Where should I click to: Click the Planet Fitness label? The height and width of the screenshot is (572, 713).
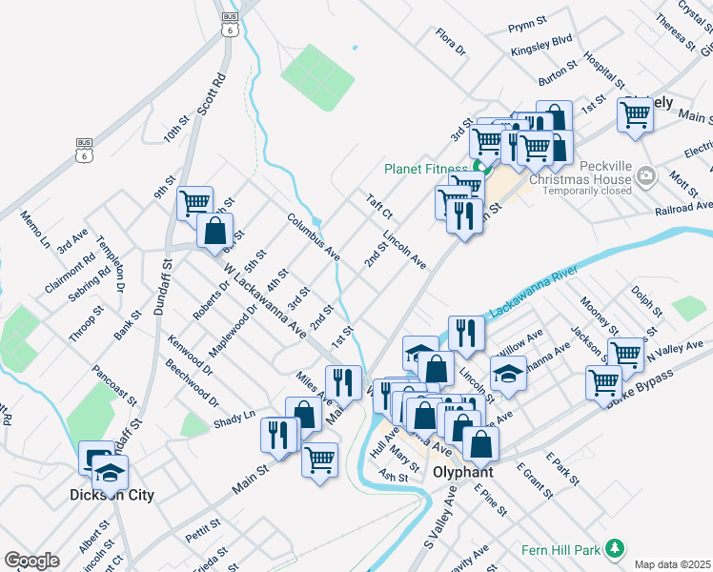426,169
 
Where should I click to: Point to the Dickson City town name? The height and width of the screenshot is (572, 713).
112,496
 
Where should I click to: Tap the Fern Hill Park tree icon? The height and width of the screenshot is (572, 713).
616,547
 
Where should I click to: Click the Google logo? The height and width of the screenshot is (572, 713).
31,561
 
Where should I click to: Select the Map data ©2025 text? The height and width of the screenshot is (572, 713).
671,564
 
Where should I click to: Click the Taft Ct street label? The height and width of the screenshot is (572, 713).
378,207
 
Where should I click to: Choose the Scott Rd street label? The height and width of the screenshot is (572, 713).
211,94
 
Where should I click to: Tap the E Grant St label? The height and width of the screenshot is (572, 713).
535,482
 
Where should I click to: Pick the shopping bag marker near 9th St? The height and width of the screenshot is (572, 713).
215,230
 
